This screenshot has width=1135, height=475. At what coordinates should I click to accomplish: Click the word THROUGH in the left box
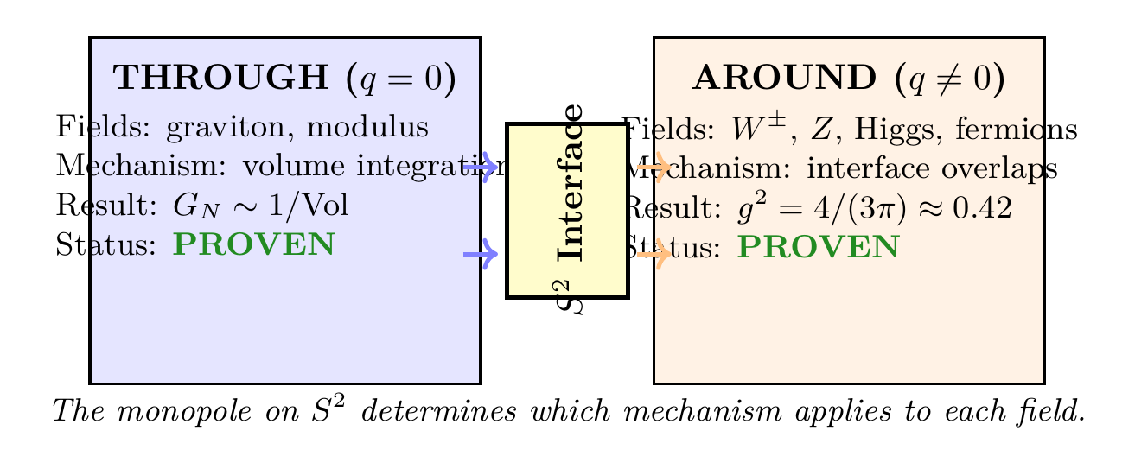(x=220, y=78)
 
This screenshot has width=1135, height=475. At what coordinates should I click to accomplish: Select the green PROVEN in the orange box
(x=818, y=248)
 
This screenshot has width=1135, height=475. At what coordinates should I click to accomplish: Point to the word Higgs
(x=882, y=130)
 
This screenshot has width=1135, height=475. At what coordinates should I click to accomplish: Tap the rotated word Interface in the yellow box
(x=571, y=182)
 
